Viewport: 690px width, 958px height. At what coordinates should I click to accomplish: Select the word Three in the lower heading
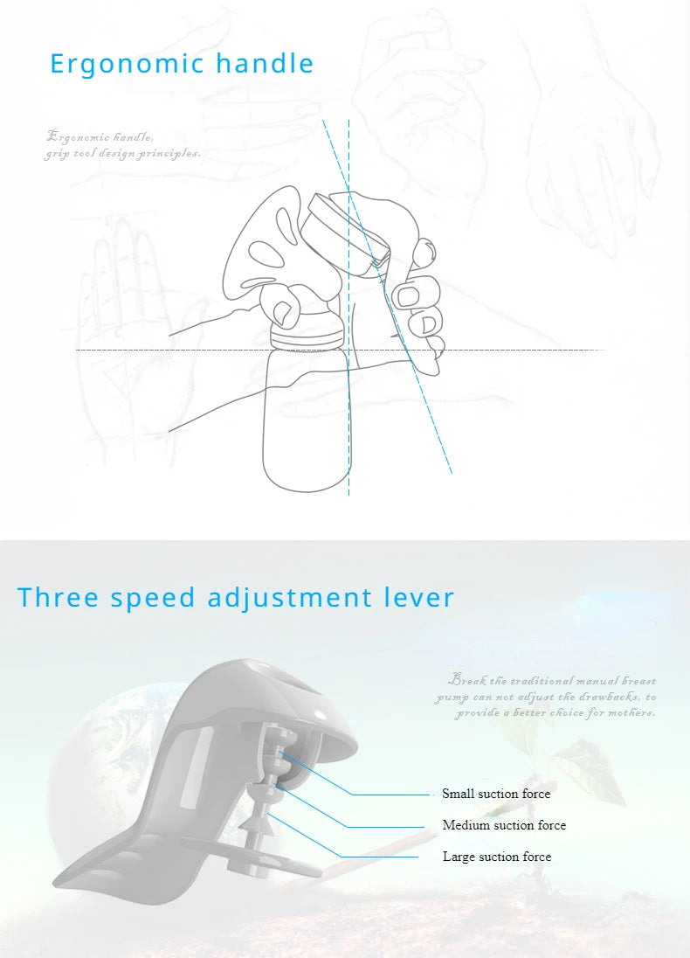pyautogui.click(x=59, y=598)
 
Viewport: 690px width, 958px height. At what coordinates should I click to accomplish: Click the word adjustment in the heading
pyautogui.click(x=290, y=598)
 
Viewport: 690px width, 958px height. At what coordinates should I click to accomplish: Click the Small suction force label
pyautogui.click(x=496, y=794)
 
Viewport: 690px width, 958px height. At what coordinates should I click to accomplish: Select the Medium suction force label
pyautogui.click(x=504, y=825)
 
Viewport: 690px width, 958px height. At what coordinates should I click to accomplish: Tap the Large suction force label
pyautogui.click(x=497, y=857)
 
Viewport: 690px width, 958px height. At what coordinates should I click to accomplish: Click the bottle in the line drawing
pyautogui.click(x=306, y=420)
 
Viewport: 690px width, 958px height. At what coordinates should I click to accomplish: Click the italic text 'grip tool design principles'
pyautogui.click(x=122, y=154)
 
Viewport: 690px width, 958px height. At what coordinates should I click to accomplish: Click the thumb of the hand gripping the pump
pyautogui.click(x=281, y=309)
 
